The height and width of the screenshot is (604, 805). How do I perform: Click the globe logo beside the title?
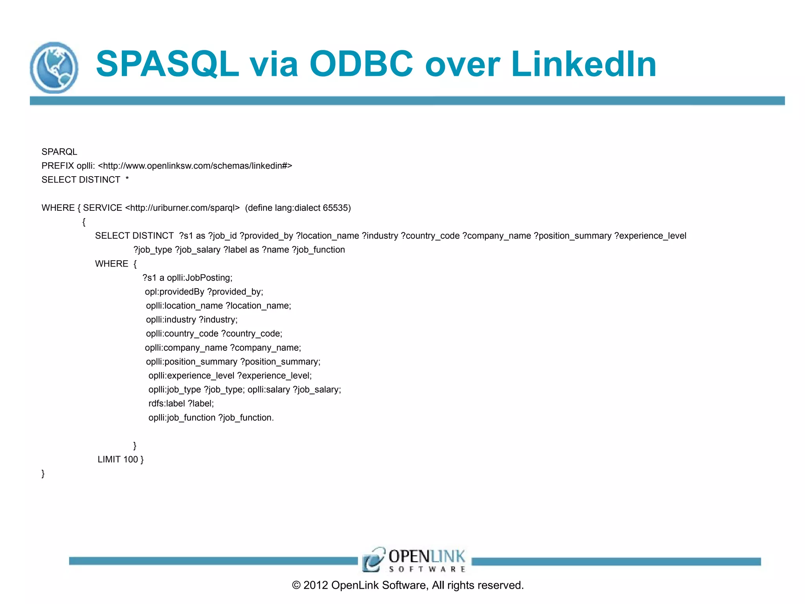tap(54, 68)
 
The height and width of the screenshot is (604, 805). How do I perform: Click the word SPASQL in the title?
tap(167, 64)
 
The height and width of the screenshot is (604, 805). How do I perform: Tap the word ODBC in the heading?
tap(361, 64)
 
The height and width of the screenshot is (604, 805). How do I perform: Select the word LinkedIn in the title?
tap(583, 64)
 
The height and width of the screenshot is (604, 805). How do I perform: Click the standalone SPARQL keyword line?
tap(59, 152)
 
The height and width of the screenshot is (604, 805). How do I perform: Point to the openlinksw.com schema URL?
tap(195, 166)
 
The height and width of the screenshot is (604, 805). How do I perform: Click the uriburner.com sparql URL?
tap(182, 208)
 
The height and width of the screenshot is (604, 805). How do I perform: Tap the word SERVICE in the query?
tap(103, 208)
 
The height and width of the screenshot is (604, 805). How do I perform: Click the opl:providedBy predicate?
tap(175, 292)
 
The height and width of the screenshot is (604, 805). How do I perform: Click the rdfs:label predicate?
tap(167, 404)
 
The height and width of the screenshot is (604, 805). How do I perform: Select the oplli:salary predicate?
tap(269, 390)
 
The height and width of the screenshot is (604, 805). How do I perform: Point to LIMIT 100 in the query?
tap(118, 460)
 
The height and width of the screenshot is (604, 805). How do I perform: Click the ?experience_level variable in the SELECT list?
tap(650, 236)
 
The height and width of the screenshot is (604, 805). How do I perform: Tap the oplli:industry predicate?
tap(171, 320)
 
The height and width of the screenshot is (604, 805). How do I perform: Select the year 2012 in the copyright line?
tap(316, 586)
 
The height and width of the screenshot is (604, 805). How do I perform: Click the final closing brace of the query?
tap(43, 474)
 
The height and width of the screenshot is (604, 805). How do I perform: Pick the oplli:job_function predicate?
tap(182, 418)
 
